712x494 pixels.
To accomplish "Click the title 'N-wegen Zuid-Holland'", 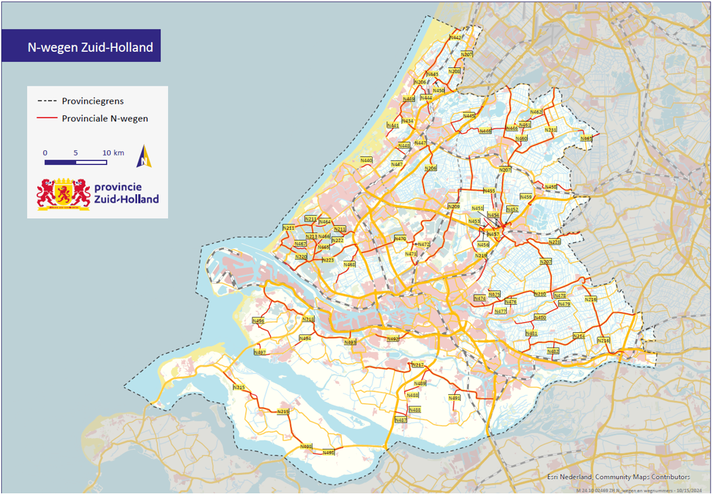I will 90,48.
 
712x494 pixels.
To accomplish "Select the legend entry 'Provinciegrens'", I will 92,101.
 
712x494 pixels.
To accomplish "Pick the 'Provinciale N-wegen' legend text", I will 105,119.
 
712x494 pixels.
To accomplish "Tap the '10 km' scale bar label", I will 114,153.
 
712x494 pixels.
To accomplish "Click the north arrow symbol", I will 144,156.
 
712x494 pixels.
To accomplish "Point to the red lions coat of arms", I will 64,194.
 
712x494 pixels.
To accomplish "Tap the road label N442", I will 456,38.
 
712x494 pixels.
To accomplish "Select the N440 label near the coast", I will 366,160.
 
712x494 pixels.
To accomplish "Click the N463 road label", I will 586,138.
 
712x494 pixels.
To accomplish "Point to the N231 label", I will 551,130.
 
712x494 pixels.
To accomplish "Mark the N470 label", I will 400,239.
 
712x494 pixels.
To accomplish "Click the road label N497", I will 260,352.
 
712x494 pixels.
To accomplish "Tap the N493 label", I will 350,342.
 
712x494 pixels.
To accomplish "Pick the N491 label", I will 454,398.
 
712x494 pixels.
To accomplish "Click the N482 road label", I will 553,351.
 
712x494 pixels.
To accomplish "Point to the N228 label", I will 555,242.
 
